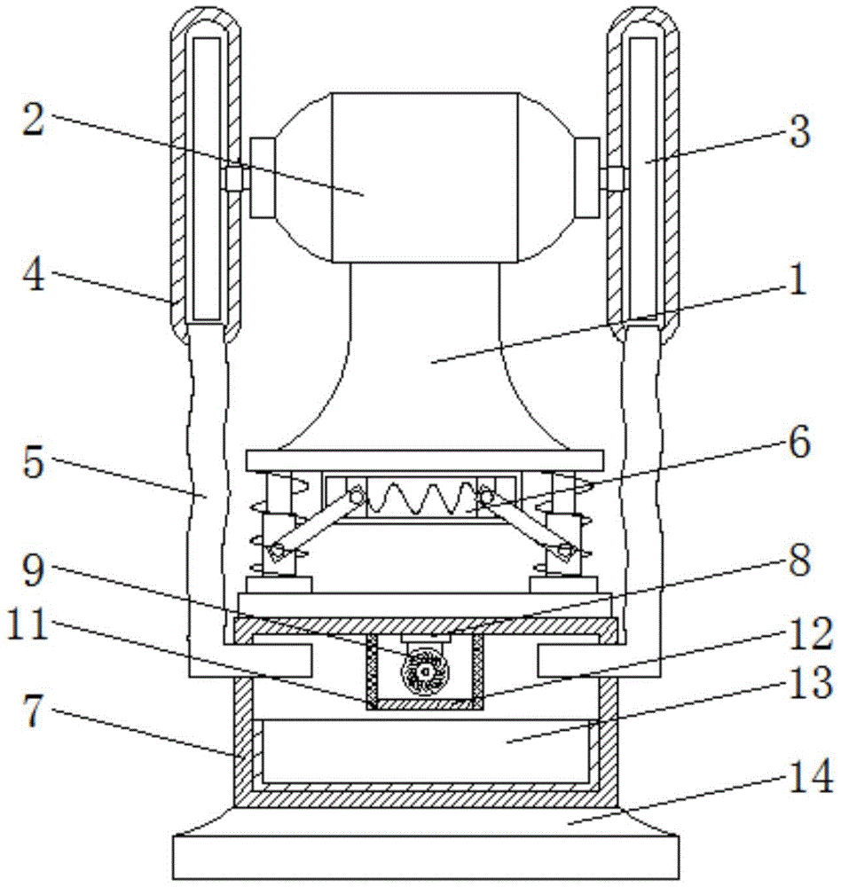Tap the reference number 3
[799, 133]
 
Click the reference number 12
[805, 633]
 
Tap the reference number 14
[805, 781]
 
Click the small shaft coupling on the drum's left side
[233, 177]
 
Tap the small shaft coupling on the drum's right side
[614, 177]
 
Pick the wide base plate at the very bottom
[424, 856]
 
